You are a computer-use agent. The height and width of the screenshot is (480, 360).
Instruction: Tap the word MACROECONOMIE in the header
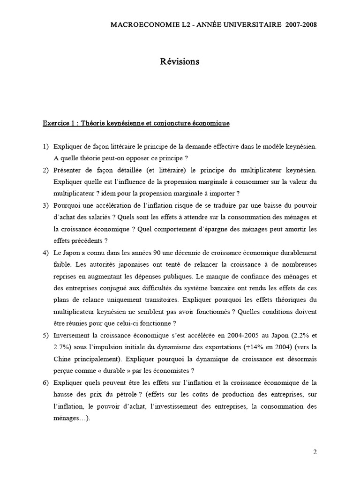pos(135,24)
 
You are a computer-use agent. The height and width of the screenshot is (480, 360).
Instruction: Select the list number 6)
pos(46,382)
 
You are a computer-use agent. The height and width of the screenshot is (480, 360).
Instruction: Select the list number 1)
pos(46,146)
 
